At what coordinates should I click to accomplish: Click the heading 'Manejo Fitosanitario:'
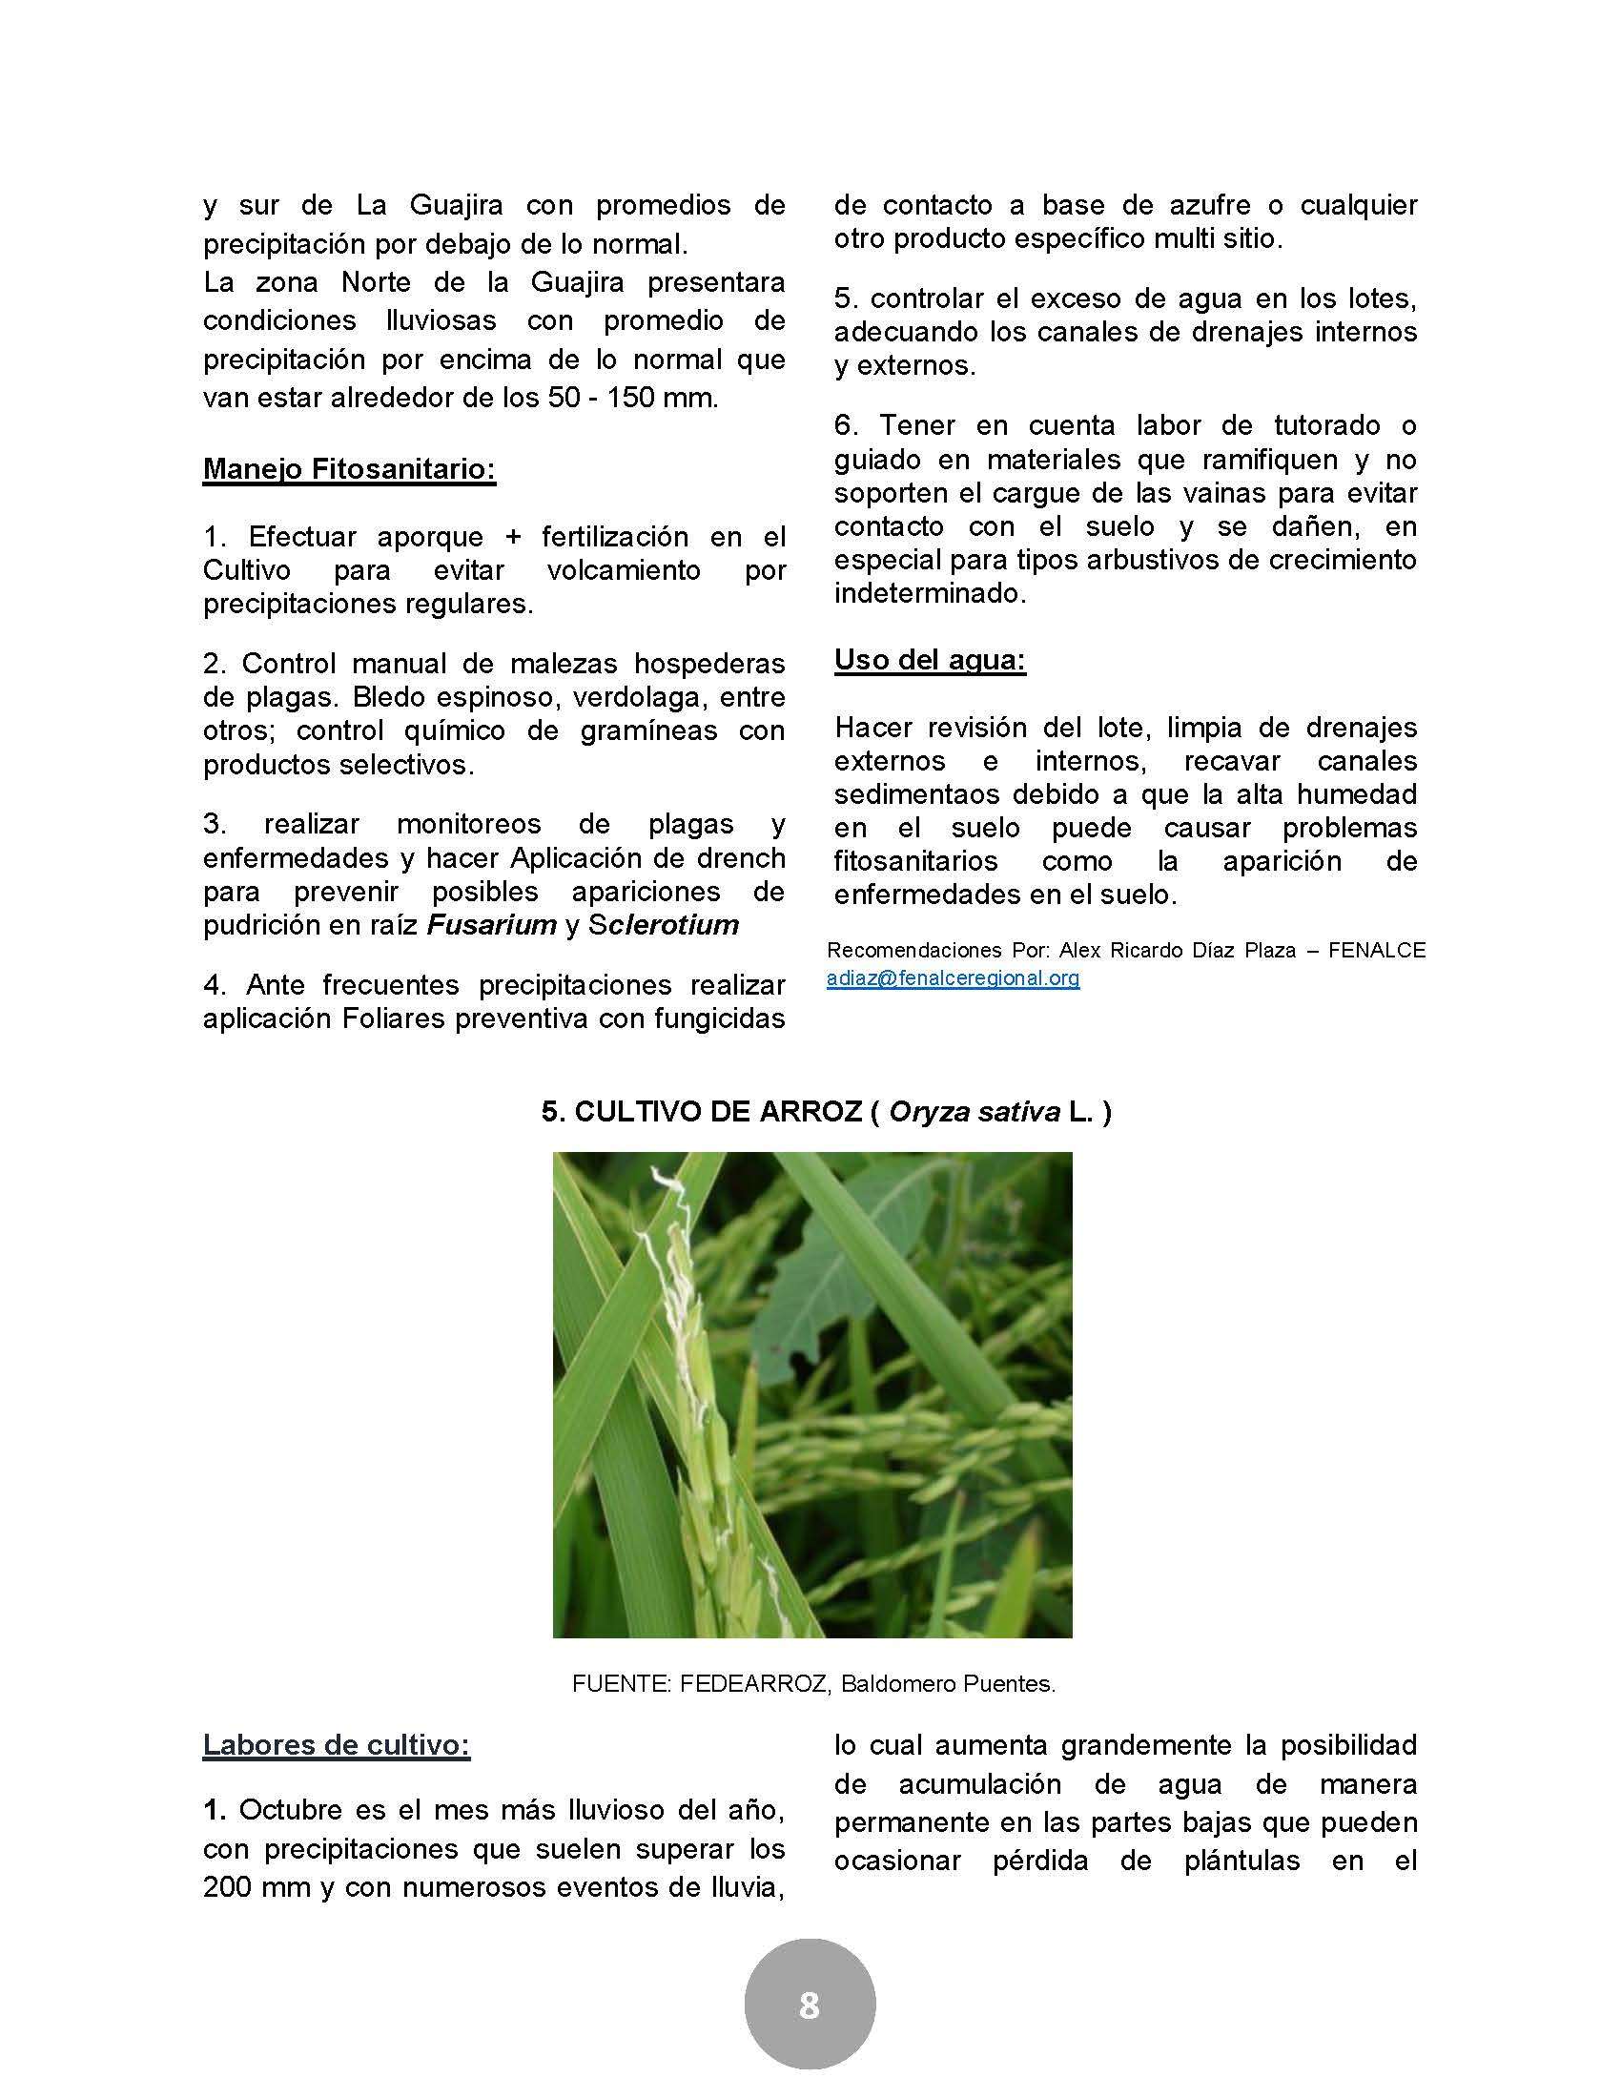pyautogui.click(x=349, y=470)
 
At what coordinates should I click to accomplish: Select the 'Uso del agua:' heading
pyautogui.click(x=929, y=660)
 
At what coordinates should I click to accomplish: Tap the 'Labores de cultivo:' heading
pyautogui.click(x=336, y=1744)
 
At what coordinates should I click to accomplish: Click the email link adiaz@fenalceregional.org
pyautogui.click(x=953, y=978)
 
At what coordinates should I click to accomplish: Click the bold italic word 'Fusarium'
pyautogui.click(x=492, y=925)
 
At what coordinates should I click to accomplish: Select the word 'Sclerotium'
pyautogui.click(x=657, y=925)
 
